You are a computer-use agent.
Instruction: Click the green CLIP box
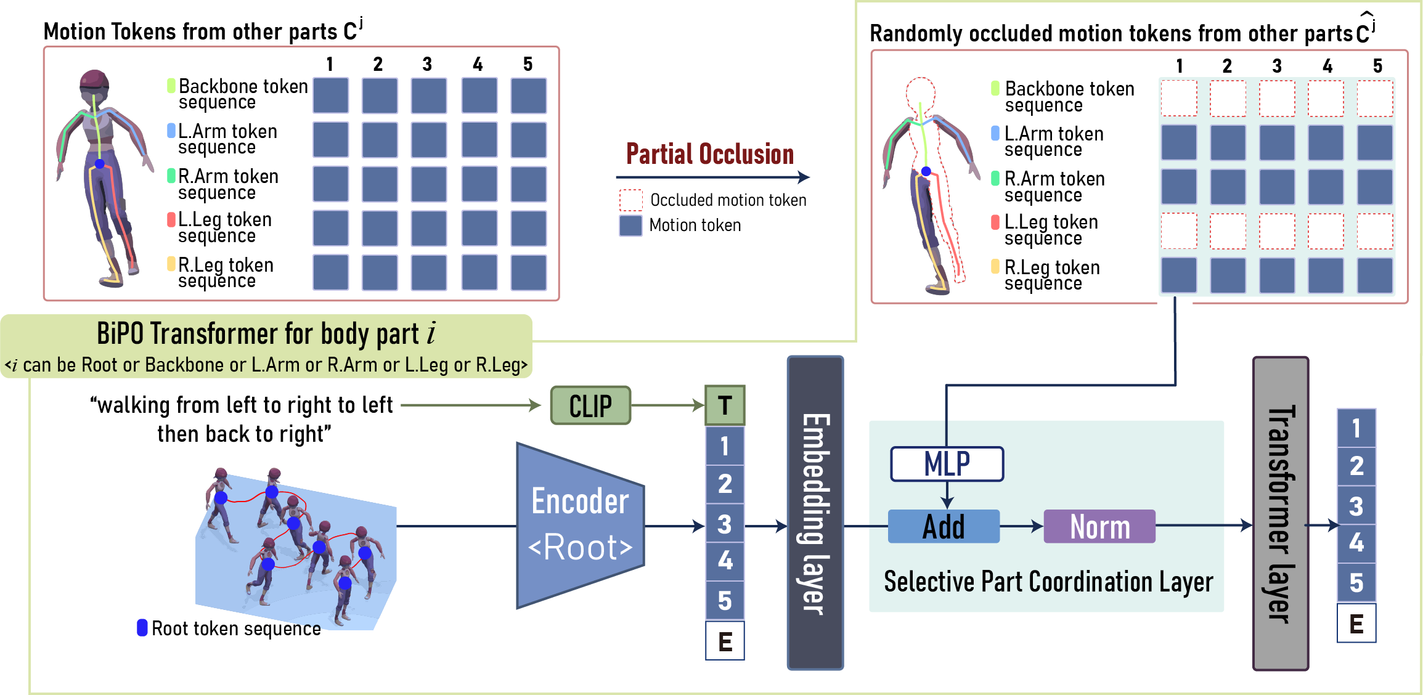tap(590, 405)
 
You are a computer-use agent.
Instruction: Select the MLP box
tap(947, 464)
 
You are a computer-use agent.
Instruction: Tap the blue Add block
tap(944, 526)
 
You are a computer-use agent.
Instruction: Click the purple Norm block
tap(1099, 526)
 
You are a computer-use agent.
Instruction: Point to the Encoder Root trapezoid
tap(579, 526)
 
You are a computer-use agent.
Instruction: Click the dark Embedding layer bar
tap(815, 513)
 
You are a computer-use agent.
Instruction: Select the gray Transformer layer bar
tap(1281, 513)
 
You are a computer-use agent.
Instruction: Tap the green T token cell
tap(725, 405)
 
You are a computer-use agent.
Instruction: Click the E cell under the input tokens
tap(725, 641)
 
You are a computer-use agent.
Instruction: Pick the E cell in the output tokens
tap(1356, 624)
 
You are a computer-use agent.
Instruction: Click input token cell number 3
tap(725, 524)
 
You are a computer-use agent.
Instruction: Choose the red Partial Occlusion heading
tap(710, 154)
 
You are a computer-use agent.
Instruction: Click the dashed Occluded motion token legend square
tap(630, 200)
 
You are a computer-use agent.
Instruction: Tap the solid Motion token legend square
tap(630, 226)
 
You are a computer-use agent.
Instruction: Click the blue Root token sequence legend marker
tap(142, 628)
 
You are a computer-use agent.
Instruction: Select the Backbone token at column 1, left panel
tap(330, 96)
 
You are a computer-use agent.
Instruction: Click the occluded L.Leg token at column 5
tap(1374, 231)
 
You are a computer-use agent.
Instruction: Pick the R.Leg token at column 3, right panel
tap(1276, 275)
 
